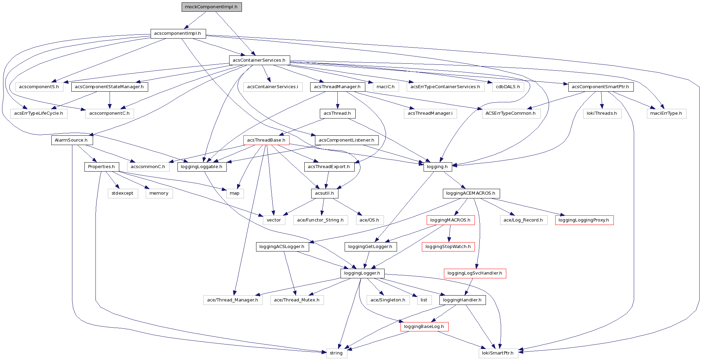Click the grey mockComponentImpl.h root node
(211, 7)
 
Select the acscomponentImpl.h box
(178, 33)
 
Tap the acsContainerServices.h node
(259, 60)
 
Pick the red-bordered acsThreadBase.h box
(266, 140)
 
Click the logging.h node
(437, 167)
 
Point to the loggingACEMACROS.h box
(471, 193)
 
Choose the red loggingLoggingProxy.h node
(584, 220)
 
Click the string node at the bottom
(336, 353)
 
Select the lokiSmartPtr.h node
(498, 353)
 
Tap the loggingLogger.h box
(362, 273)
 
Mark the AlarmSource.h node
(72, 140)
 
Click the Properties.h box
(101, 167)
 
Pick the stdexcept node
(122, 193)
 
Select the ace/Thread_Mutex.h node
(297, 300)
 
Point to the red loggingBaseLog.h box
(424, 327)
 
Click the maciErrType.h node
(666, 113)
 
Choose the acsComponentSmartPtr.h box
(600, 87)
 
